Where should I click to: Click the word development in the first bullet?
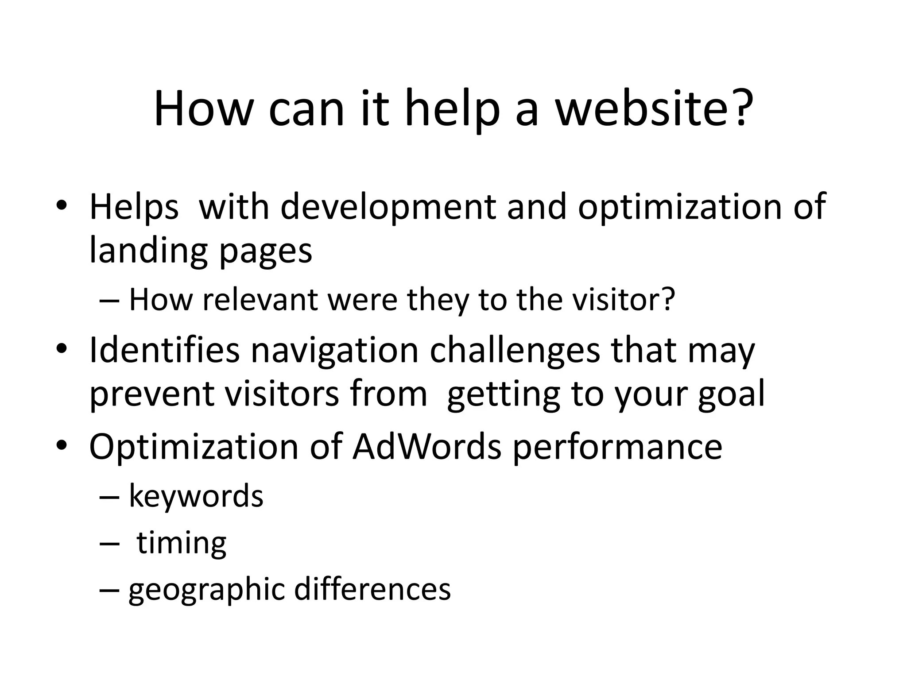[x=388, y=207]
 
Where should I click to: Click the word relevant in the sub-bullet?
[x=260, y=300]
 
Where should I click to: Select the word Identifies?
[x=164, y=350]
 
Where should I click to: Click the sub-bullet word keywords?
[x=196, y=496]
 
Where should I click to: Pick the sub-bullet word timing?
[x=182, y=544]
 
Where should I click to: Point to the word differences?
[x=372, y=589]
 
